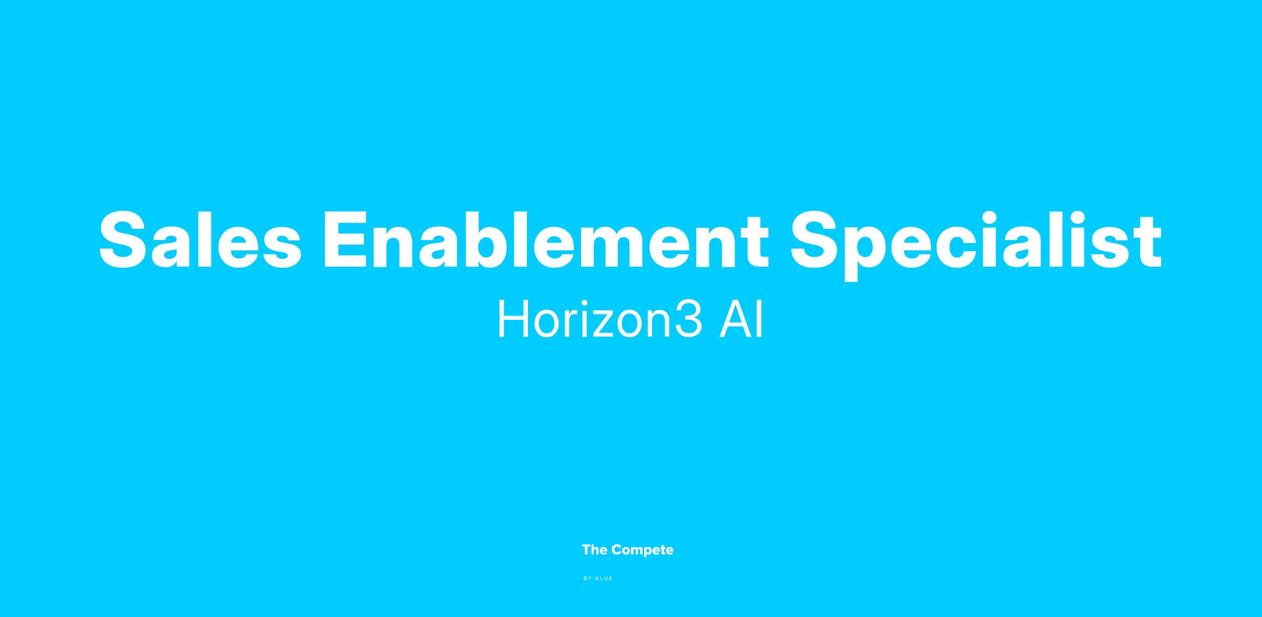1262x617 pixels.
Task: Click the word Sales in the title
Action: click(200, 240)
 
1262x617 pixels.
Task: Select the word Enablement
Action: click(546, 240)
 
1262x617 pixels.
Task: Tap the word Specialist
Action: click(976, 245)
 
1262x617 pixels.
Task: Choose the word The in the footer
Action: click(595, 550)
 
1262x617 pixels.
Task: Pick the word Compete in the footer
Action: click(643, 551)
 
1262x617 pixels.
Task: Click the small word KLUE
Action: click(604, 579)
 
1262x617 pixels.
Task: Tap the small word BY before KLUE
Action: click(588, 579)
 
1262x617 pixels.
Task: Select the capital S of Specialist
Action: click(817, 240)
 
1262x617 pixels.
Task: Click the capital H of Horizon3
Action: click(514, 319)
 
